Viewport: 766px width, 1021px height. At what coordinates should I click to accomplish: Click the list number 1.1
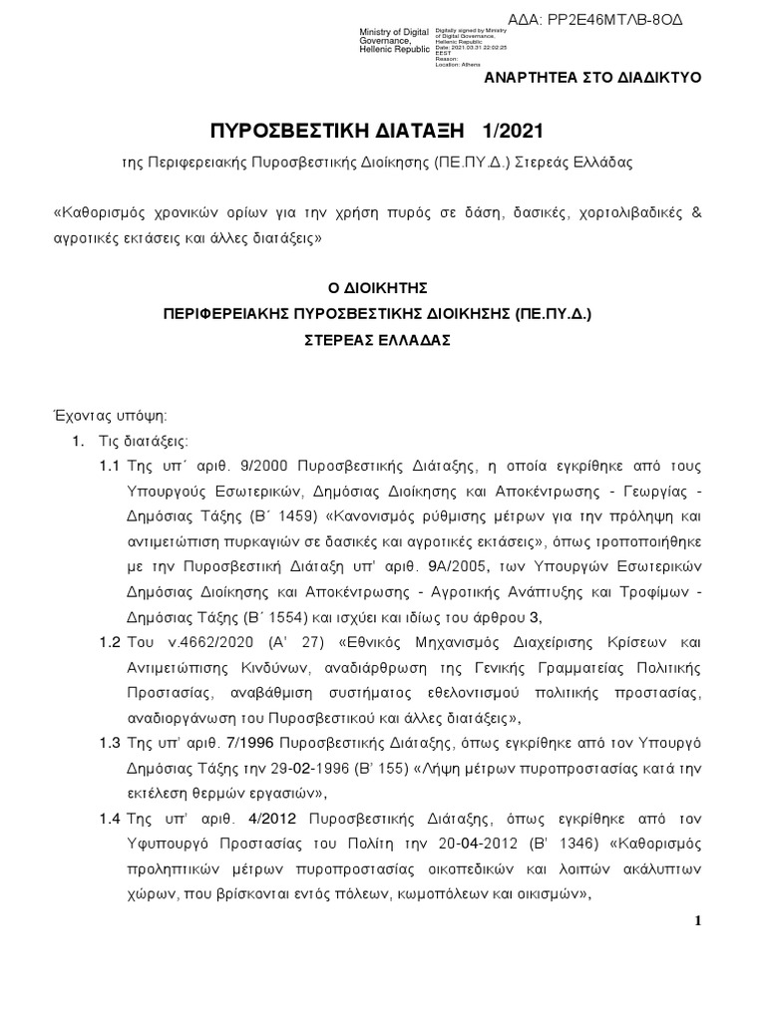tap(111, 466)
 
